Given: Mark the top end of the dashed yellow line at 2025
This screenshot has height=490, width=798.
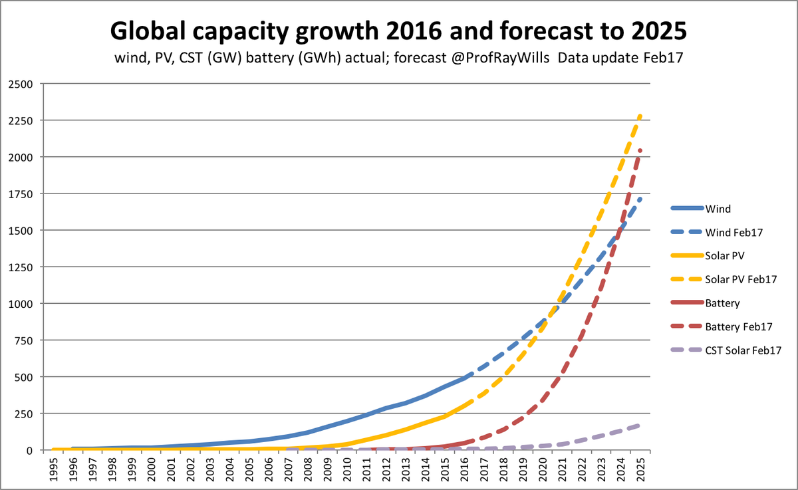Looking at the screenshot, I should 640,116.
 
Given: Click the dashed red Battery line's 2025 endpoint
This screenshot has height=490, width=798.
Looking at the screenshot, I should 640,150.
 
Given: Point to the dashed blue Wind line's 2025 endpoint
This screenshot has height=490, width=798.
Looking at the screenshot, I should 640,197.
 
